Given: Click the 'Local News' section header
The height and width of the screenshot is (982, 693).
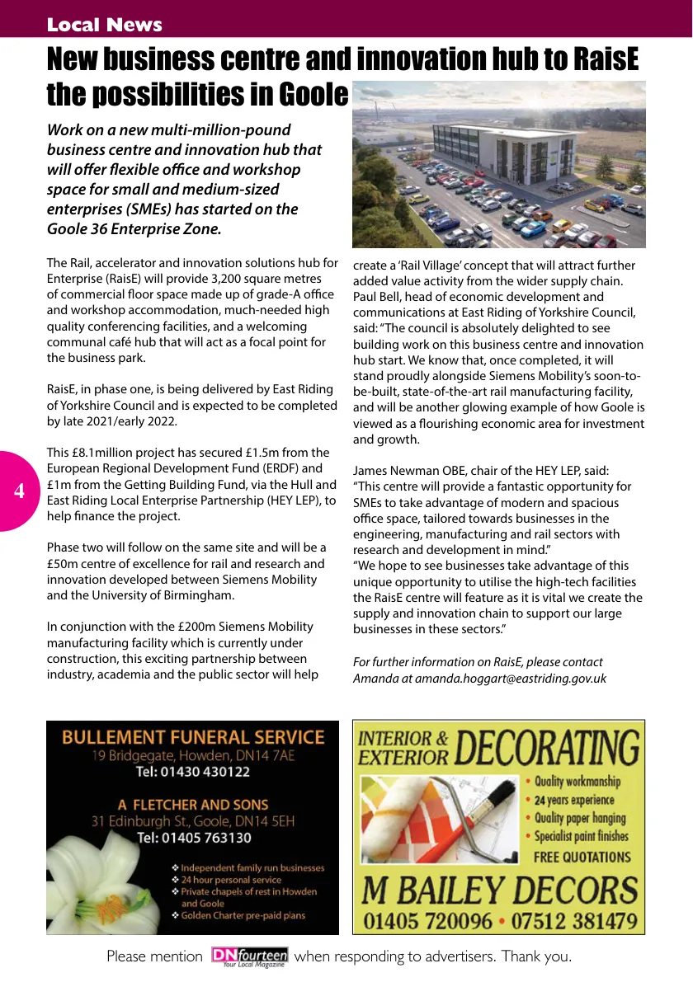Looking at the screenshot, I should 105,25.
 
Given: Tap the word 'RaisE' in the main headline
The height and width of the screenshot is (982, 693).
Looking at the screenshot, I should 596,60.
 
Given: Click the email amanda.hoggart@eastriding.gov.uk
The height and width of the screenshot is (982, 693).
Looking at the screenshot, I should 511,679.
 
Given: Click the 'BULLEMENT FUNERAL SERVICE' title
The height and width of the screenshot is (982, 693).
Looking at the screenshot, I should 193,736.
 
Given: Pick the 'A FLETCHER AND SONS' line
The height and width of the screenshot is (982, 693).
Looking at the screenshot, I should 193,804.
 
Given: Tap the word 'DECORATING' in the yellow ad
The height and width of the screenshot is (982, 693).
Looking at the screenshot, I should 546,749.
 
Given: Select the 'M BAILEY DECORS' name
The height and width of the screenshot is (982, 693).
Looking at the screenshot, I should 499,890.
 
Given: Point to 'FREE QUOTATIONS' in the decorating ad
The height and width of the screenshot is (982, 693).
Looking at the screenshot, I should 582,857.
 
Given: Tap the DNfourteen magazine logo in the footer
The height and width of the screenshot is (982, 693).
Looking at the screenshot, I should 249,957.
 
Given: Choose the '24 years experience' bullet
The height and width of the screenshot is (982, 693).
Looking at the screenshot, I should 573,800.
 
